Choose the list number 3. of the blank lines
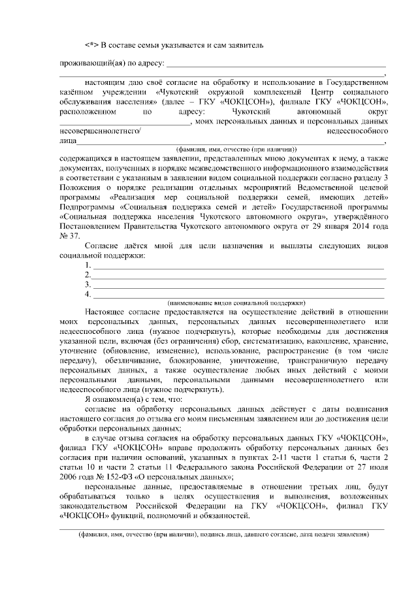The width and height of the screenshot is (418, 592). [x=87, y=285]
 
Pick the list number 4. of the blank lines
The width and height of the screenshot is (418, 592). [x=87, y=295]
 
